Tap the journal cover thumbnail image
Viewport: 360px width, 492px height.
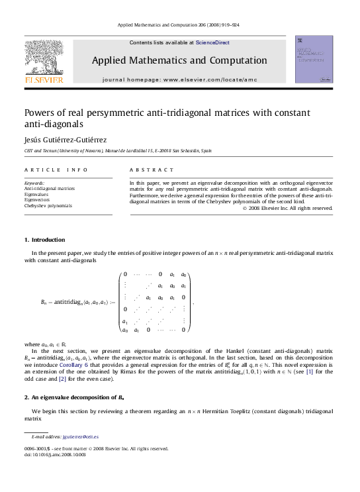pyautogui.click(x=314, y=60)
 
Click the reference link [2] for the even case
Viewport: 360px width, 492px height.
pyautogui.click(x=63, y=379)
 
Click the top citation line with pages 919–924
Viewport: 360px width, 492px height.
pyautogui.click(x=179, y=25)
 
